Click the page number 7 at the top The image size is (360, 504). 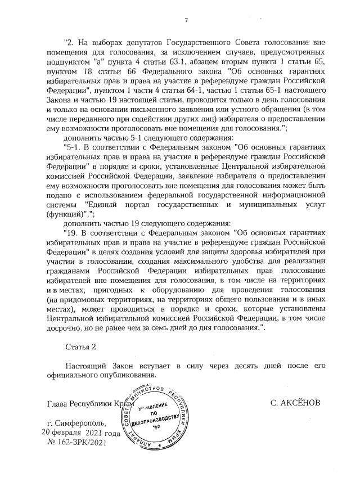click(x=186, y=21)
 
